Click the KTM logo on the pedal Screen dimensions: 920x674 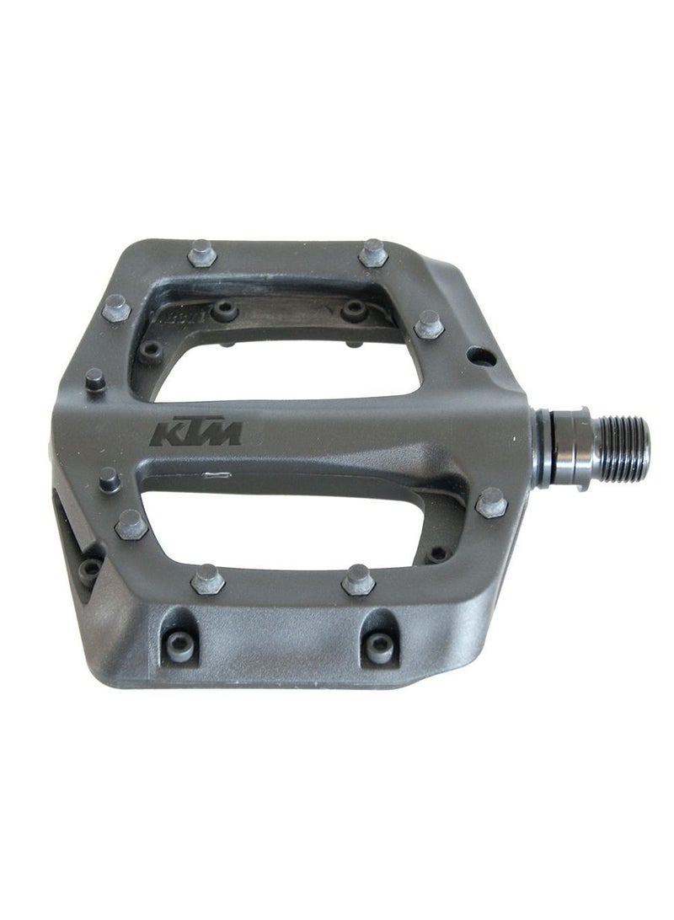[196, 433]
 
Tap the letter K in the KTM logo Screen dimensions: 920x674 [165, 434]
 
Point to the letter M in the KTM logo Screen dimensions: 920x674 [222, 433]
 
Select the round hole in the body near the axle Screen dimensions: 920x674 [482, 357]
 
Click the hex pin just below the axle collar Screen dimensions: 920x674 [491, 504]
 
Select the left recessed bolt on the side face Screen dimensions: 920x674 [179, 645]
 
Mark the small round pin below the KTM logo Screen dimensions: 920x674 [108, 479]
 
